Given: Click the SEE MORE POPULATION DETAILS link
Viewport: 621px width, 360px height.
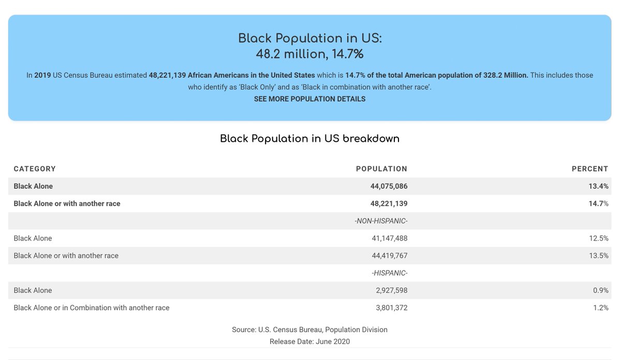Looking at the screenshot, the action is click(309, 99).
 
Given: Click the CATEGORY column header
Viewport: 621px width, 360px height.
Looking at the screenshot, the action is click(35, 169).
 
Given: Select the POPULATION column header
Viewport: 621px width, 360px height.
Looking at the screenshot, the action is click(382, 169).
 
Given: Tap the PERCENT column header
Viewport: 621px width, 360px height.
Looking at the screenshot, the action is click(590, 169).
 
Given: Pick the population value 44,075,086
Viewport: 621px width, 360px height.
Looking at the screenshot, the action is click(389, 186).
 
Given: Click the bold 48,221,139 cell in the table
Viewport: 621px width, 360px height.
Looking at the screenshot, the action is click(389, 204).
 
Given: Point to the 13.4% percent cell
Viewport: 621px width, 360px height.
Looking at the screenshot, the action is click(599, 186).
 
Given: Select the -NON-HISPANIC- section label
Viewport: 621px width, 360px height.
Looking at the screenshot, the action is click(381, 221).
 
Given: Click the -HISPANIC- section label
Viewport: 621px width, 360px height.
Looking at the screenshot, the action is click(390, 273).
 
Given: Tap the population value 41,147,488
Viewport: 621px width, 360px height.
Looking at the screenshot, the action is click(390, 238).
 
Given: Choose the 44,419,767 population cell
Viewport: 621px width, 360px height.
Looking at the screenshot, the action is click(390, 256).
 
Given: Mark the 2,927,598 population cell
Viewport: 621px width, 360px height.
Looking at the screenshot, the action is click(392, 290).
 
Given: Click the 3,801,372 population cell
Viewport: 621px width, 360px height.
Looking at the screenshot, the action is click(392, 308).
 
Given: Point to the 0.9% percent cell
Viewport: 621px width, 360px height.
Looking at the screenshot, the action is click(601, 290).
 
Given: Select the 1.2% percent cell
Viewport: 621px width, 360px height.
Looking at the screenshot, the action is click(601, 308).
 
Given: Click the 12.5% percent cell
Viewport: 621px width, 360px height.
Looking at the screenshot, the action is click(599, 238).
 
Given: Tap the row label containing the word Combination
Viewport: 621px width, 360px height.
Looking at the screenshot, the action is click(92, 308).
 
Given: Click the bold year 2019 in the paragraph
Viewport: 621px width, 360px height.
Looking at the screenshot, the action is click(42, 75).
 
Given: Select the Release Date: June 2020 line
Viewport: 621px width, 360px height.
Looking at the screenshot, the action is click(309, 341).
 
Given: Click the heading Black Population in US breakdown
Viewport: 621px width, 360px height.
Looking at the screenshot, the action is click(309, 139).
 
